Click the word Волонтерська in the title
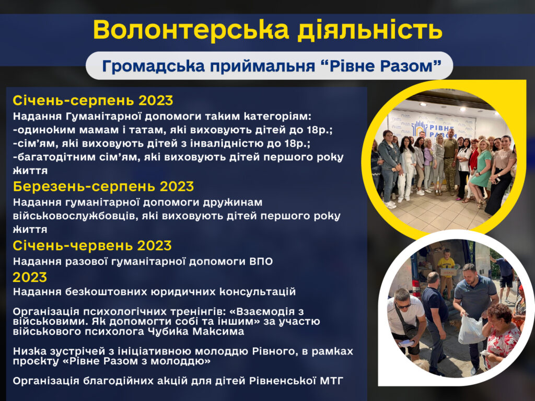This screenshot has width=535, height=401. (x=191, y=30)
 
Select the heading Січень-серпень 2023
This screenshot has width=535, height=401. (x=93, y=101)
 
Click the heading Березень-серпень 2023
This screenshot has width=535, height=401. (x=103, y=186)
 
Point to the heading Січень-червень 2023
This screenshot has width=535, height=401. (x=92, y=245)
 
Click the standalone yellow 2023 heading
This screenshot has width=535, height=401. (x=30, y=277)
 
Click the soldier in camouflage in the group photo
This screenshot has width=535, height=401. (x=450, y=163)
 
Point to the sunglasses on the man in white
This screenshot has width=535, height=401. (x=403, y=305)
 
